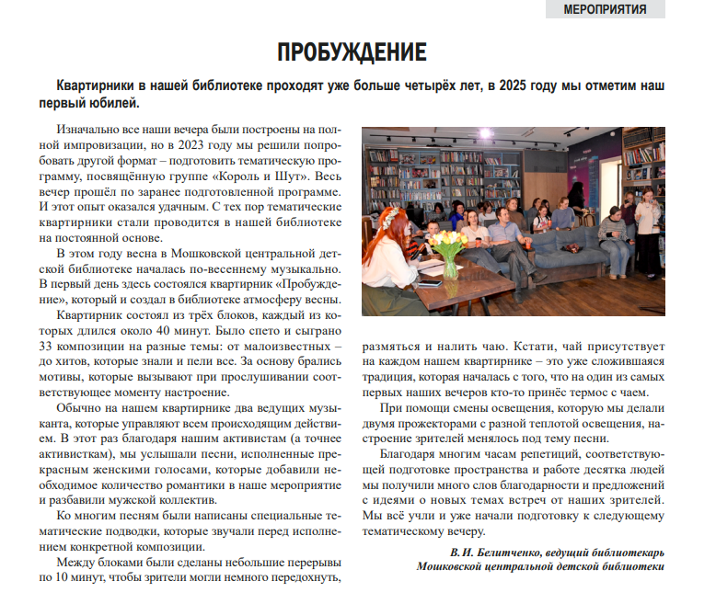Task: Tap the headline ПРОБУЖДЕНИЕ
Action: click(x=352, y=52)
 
